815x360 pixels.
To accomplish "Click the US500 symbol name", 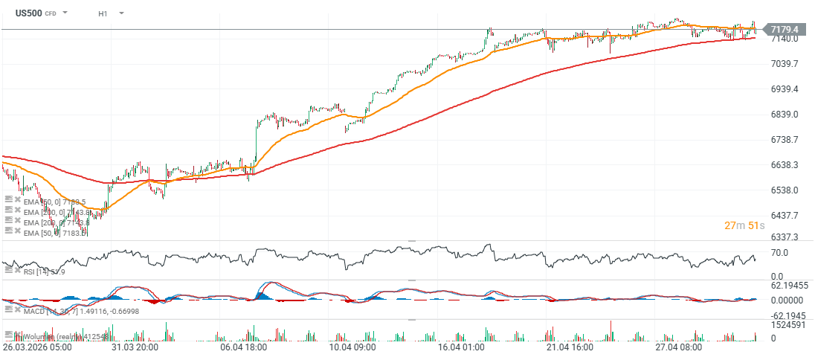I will click(x=28, y=13).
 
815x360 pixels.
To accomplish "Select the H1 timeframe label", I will click(x=103, y=13).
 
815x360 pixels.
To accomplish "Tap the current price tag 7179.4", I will click(x=785, y=30).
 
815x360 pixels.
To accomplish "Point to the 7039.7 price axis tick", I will click(x=785, y=64).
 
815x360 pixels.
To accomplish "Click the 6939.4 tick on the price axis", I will click(x=785, y=89).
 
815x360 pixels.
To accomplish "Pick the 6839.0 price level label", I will click(x=785, y=115).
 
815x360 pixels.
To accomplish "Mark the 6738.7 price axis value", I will click(x=785, y=140).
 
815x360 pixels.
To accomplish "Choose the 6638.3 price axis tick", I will click(x=785, y=165).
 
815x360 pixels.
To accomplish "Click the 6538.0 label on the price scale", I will click(x=785, y=190).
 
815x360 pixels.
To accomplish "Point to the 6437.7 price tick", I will click(x=785, y=216).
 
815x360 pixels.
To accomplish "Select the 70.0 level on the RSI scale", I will click(x=779, y=253).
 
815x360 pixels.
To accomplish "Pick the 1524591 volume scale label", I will click(x=788, y=324).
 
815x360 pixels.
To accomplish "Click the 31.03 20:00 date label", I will click(x=135, y=347).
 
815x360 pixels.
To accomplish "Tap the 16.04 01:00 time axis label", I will click(x=463, y=347).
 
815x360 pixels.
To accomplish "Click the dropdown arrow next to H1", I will click(x=121, y=13).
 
